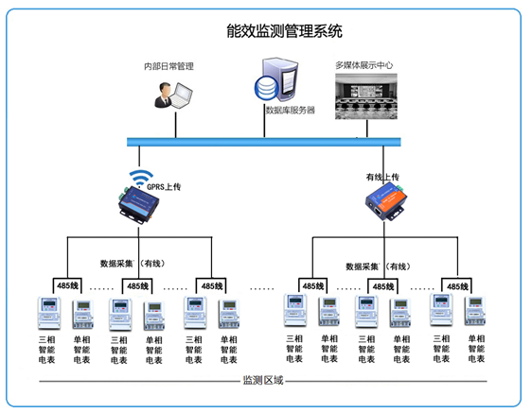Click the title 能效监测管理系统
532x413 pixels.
[266, 32]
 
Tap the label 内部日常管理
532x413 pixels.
[168, 66]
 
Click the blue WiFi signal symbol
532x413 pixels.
[141, 177]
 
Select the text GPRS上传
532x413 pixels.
[163, 187]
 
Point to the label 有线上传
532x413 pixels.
[382, 177]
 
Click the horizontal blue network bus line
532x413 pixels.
[264, 142]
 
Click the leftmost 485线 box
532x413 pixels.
[66, 285]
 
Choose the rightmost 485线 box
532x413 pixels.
[457, 285]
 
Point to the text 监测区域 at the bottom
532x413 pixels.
[263, 382]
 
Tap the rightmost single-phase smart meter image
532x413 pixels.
[474, 313]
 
